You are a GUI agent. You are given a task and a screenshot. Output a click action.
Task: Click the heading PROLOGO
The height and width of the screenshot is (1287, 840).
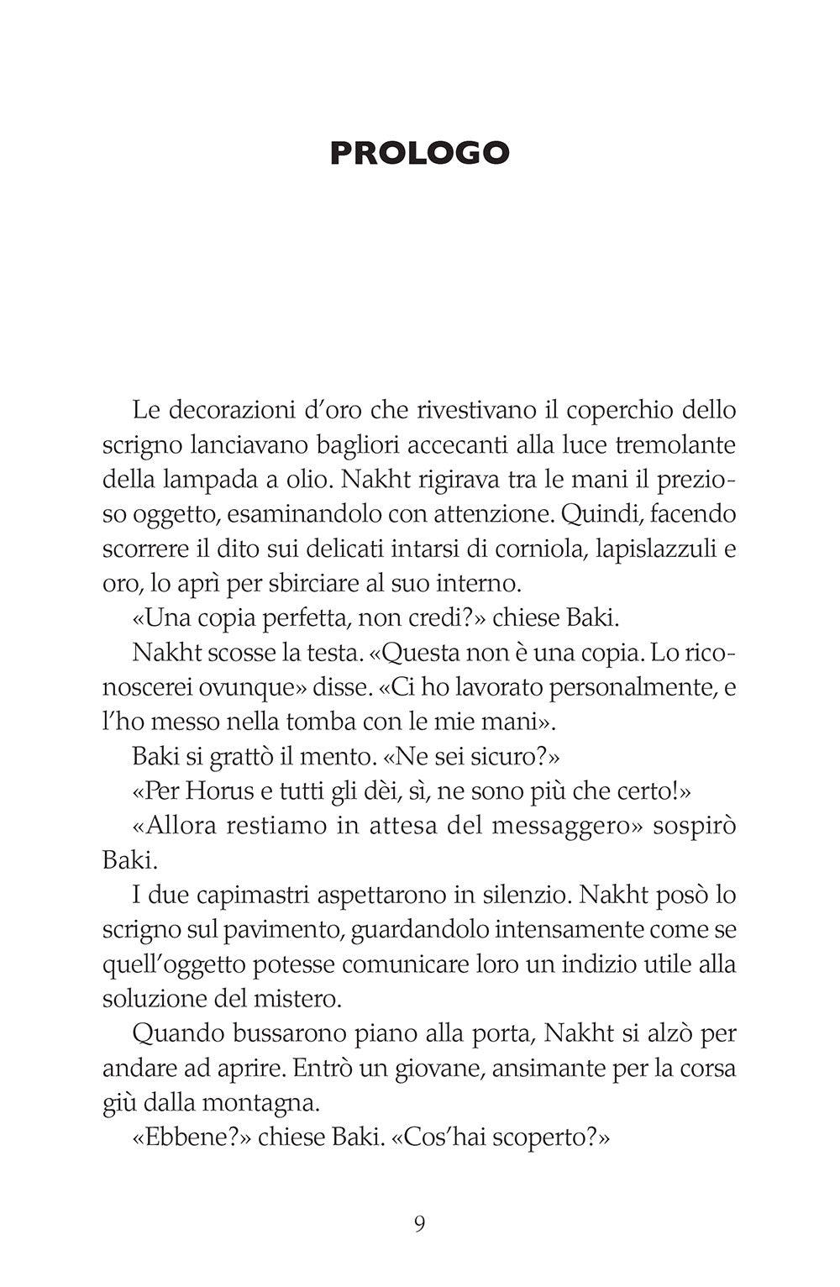tap(419, 154)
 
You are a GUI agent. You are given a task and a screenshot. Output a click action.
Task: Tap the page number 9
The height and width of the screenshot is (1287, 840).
tap(419, 1224)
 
